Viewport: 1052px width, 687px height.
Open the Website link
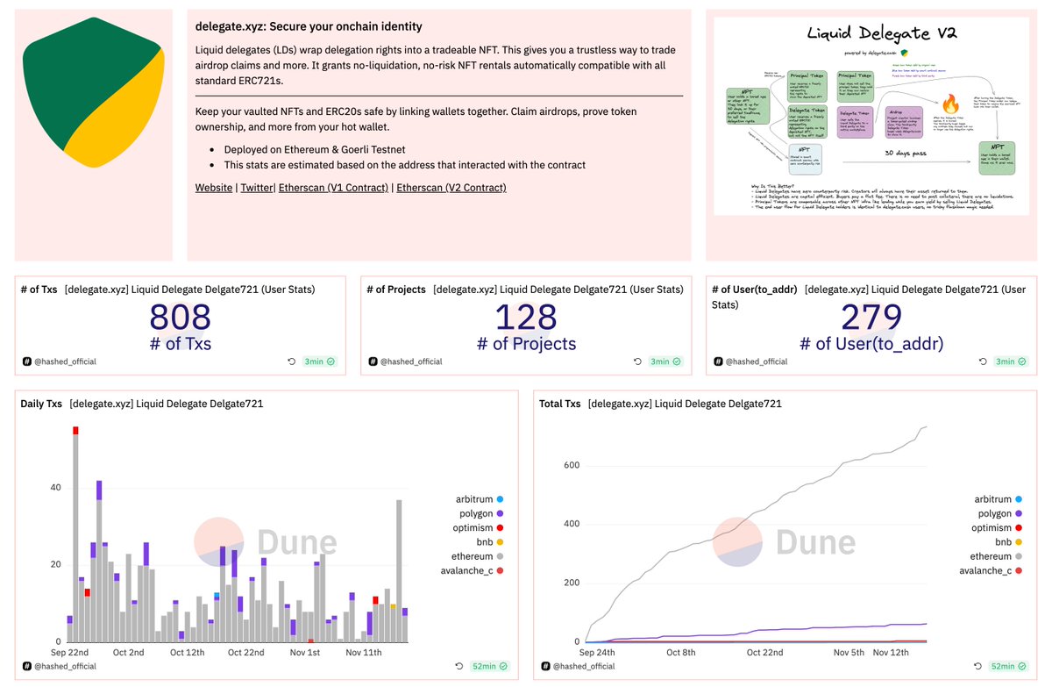click(x=213, y=188)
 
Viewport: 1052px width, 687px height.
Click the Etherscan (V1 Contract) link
click(x=333, y=188)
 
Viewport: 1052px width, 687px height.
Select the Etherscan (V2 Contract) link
click(x=451, y=188)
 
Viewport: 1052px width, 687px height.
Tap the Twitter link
click(x=256, y=188)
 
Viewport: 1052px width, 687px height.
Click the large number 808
click(x=180, y=318)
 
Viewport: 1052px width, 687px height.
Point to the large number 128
click(x=526, y=318)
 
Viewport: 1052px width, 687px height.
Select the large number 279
click(x=871, y=318)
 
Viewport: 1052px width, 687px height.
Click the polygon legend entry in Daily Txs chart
click(x=476, y=513)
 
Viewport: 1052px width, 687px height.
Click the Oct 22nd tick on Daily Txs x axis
click(x=245, y=653)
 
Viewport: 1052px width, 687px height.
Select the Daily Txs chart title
click(x=41, y=404)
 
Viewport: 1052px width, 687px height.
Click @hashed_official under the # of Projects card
click(x=410, y=361)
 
